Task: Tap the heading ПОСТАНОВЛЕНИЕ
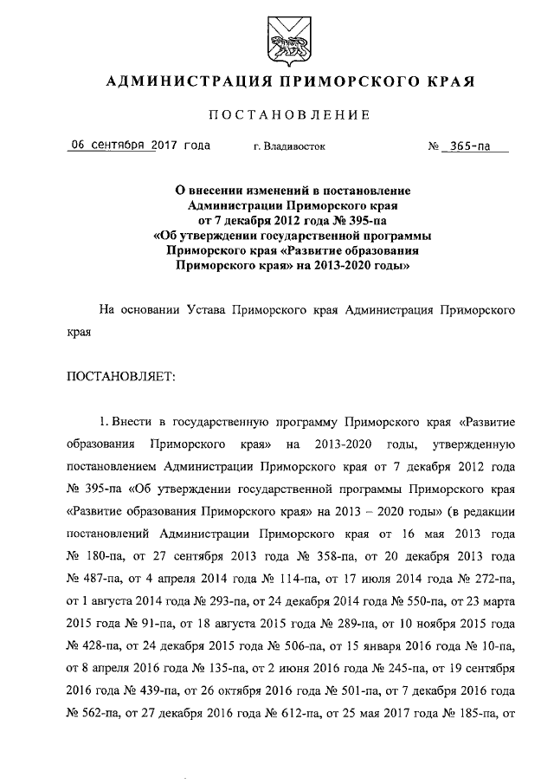pyautogui.click(x=287, y=115)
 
